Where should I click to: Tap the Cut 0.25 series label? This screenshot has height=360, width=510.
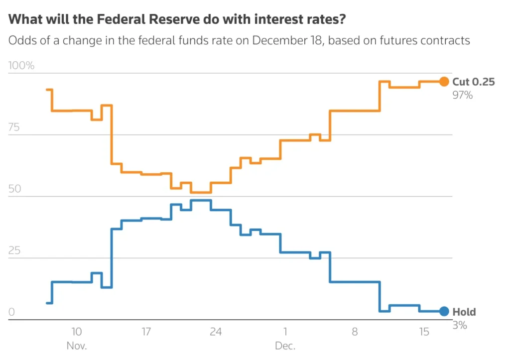click(x=473, y=82)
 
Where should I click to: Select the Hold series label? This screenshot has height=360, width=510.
click(x=464, y=312)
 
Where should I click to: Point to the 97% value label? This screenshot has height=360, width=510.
click(x=462, y=95)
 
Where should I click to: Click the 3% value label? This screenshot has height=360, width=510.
click(x=460, y=326)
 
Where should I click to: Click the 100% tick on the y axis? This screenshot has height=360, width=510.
click(x=21, y=66)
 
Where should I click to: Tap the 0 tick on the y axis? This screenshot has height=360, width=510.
click(x=12, y=312)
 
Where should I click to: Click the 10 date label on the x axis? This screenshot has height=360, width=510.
click(x=77, y=332)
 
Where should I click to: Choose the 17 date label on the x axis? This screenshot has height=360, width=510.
click(x=146, y=332)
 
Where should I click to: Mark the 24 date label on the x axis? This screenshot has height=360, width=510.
click(x=216, y=332)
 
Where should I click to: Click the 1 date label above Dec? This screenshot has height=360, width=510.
click(x=285, y=332)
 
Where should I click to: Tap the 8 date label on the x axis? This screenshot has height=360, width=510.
click(x=355, y=332)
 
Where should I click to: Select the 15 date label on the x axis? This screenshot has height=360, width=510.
click(x=424, y=332)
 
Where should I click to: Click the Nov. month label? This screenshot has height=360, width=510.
click(x=77, y=345)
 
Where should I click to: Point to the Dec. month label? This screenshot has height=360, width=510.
click(x=285, y=345)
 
